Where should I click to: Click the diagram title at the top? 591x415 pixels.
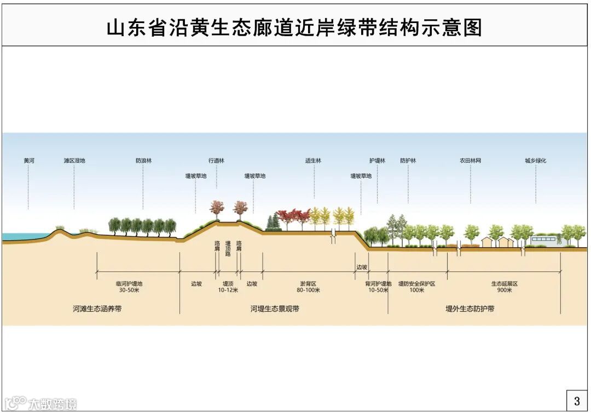[294, 27]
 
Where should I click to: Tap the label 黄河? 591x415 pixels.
[28, 161]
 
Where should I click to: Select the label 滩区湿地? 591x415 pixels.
[74, 161]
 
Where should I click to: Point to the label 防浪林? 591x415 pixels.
[143, 161]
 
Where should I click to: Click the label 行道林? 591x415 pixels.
[216, 161]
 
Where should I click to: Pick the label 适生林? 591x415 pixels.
[314, 161]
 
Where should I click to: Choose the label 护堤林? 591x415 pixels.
[377, 161]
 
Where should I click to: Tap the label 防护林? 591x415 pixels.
[408, 161]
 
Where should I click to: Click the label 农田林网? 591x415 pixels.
[470, 161]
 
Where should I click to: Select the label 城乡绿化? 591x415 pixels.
[536, 161]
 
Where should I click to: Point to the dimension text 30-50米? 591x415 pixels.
[129, 290]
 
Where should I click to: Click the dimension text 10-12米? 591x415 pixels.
[228, 290]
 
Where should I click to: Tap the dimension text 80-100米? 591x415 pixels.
[309, 290]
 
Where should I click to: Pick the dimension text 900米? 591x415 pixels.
[504, 290]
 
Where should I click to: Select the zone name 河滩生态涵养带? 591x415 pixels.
[97, 309]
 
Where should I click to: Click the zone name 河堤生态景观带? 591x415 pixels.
[275, 309]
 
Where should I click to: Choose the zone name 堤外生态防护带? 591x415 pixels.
[470, 309]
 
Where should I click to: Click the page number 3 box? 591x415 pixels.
[577, 401]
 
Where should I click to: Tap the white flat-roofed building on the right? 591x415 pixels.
[546, 240]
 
